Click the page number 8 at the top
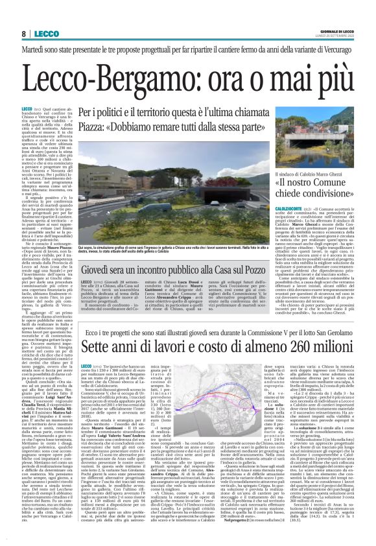click(x=24, y=33)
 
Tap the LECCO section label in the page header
click(x=46, y=33)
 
